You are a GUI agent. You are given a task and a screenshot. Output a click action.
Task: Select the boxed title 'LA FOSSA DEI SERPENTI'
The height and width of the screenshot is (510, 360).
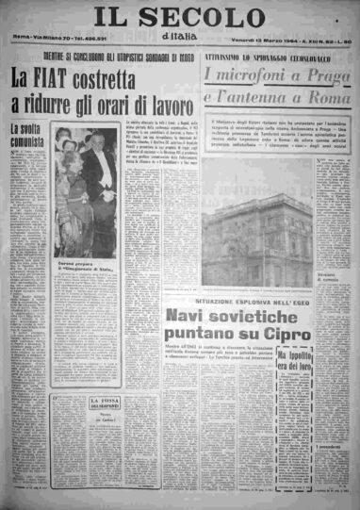[104, 405]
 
